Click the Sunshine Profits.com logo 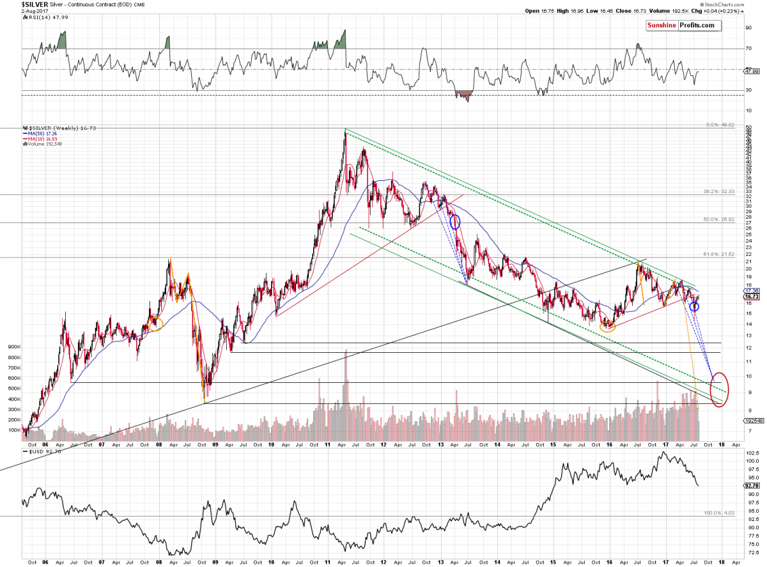(x=681, y=26)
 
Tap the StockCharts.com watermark (x=741, y=4)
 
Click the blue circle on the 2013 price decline (x=455, y=222)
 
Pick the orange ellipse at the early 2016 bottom (x=608, y=326)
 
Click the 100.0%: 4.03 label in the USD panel (x=715, y=513)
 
